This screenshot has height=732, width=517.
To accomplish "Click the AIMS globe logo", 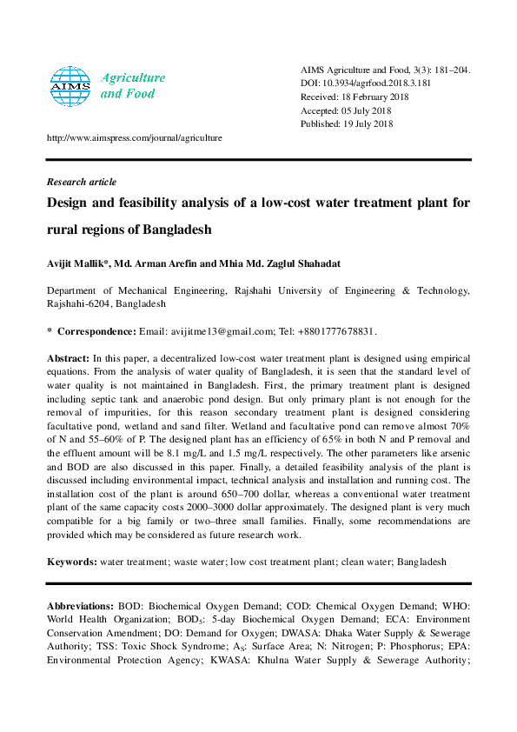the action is [70, 84].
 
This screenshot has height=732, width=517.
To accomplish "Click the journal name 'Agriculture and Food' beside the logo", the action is [129, 85].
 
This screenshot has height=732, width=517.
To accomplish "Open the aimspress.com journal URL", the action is [134, 137].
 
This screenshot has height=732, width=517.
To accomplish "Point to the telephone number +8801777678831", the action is [335, 331].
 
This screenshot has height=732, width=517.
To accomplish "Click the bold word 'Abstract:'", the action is [68, 358].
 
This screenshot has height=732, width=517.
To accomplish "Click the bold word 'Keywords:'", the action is [72, 562].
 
